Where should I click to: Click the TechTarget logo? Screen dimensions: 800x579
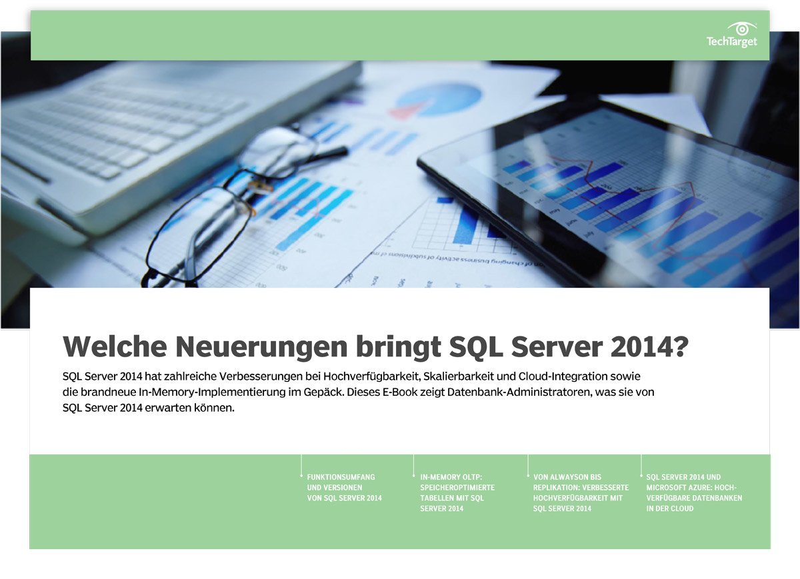731,35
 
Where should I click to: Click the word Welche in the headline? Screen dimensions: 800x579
115,346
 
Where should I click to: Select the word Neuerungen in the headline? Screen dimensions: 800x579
261,346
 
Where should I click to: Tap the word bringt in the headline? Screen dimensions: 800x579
398,347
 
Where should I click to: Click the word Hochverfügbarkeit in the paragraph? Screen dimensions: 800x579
372,376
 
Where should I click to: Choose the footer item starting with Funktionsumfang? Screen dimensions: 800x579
344,488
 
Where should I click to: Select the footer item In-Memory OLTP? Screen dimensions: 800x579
457,492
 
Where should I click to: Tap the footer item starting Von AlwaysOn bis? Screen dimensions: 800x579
581,492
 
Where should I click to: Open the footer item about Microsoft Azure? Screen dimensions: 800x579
694,492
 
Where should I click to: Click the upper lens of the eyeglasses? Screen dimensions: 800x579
277,152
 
